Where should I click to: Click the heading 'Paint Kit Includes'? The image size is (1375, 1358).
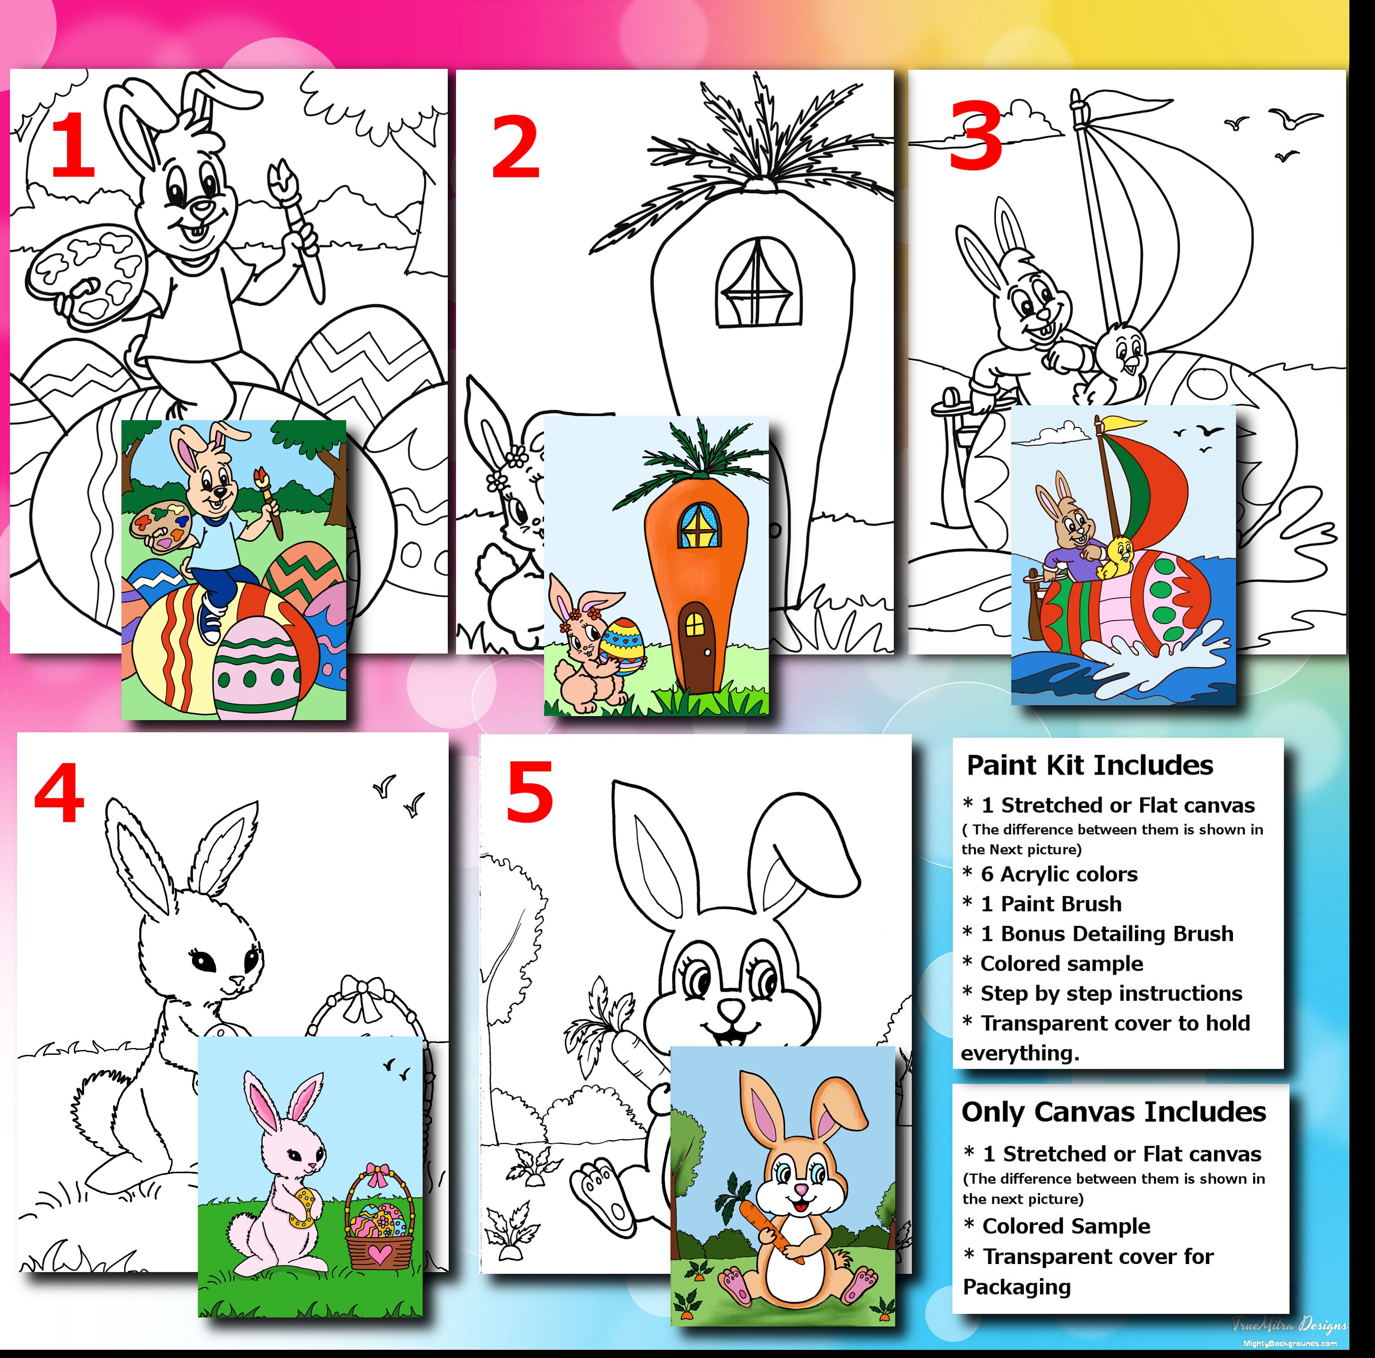[x=1089, y=766]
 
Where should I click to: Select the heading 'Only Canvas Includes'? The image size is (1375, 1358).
[x=1113, y=1112]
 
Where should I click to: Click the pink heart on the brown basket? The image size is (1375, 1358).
[x=379, y=1253]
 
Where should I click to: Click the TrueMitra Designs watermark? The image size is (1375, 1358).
[x=1289, y=1325]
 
